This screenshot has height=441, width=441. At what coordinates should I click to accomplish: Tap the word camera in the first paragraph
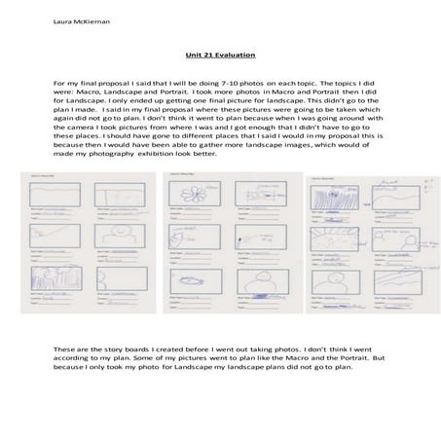click(87, 129)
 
